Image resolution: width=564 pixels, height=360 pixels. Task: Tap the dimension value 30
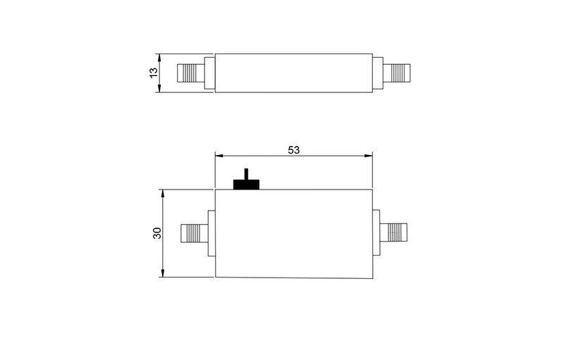click(157, 232)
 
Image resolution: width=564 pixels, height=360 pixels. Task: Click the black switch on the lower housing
click(246, 182)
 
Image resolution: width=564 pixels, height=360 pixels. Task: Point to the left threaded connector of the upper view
click(188, 73)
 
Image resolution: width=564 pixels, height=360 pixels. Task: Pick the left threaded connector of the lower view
click(192, 232)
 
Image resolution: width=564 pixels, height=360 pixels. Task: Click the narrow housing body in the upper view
click(294, 73)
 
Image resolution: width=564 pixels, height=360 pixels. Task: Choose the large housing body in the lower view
click(294, 233)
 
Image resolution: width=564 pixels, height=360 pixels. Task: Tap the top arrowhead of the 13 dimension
click(161, 56)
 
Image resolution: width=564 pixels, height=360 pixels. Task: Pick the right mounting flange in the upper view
click(378, 73)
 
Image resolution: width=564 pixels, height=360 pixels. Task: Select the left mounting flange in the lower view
click(211, 233)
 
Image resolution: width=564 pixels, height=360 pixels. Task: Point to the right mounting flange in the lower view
click(376, 233)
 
